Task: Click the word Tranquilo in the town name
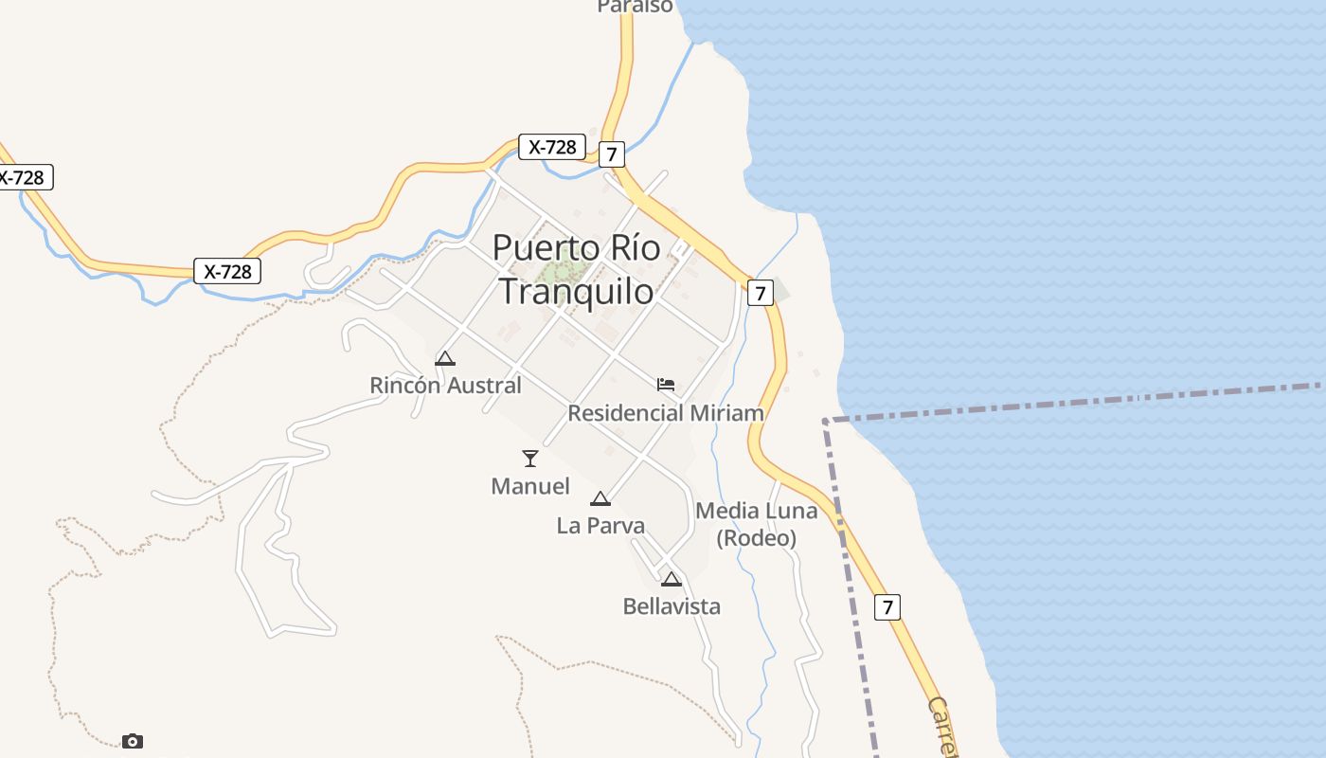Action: point(576,291)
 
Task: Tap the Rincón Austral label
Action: point(445,386)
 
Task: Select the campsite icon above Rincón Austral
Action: point(445,358)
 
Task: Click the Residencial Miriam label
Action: point(665,413)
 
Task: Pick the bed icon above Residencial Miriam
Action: point(666,384)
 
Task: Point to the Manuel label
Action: point(530,486)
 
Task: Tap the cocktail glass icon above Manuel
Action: point(530,459)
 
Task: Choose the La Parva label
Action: point(600,525)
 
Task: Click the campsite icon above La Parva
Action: point(600,498)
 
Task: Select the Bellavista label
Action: point(672,606)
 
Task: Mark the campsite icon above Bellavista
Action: point(672,579)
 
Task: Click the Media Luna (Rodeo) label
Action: point(755,524)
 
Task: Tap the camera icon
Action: point(133,741)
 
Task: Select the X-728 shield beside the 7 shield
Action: point(552,147)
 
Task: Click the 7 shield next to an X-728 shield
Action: point(612,153)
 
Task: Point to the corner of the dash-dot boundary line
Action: point(826,420)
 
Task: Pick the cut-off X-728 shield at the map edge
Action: point(23,177)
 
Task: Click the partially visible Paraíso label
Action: point(635,7)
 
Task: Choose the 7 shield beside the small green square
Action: point(760,293)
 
